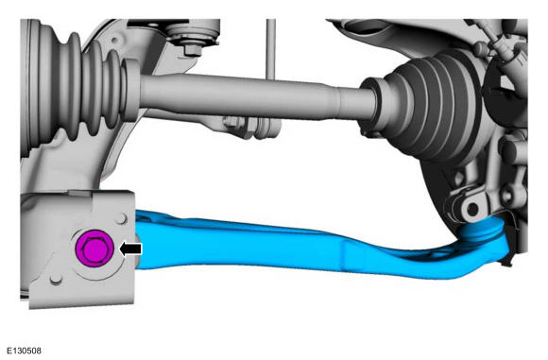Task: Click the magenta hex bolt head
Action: tap(94, 249)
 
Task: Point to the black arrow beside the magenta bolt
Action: tap(130, 249)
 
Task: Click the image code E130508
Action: tap(24, 351)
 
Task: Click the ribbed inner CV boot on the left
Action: tap(76, 87)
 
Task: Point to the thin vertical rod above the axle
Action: tap(271, 49)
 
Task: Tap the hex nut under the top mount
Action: tap(193, 49)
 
